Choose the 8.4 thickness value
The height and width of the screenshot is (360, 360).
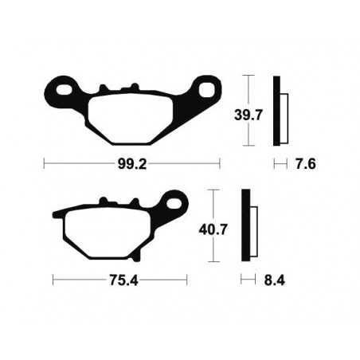pos(274,280)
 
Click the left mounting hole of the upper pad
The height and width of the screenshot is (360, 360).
pos(62,83)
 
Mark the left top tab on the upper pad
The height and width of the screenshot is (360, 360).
pos(102,88)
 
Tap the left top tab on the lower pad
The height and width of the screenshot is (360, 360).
pos(102,203)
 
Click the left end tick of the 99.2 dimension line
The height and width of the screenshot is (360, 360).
pos(44,164)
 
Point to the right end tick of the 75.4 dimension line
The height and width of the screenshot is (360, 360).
pos(187,280)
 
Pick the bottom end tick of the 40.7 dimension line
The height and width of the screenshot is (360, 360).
pos(213,262)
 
